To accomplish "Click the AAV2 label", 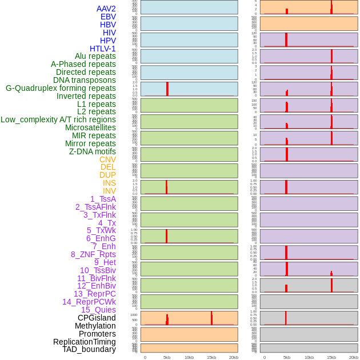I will tap(106, 9).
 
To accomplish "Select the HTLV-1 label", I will tap(103, 49).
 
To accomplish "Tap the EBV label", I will tap(108, 17).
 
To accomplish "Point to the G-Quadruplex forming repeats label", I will tap(61, 88).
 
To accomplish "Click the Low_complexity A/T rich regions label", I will tap(58, 119).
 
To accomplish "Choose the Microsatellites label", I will tap(90, 127).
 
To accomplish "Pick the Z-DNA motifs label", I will tap(93, 151).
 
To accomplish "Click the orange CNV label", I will tap(107, 159).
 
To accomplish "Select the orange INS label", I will tap(109, 183).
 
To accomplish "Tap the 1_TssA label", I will tap(103, 199).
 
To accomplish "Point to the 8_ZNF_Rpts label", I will tap(93, 254).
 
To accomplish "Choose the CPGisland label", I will tap(97, 318).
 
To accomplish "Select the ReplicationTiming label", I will tap(84, 342).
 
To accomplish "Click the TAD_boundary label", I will tap(89, 349).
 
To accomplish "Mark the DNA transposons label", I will tap(85, 80).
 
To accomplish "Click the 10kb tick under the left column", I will tap(189, 357).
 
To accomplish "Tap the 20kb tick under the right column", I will tap(354, 357).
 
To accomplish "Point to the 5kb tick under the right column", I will tap(287, 357).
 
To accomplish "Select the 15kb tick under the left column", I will tap(211, 357).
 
